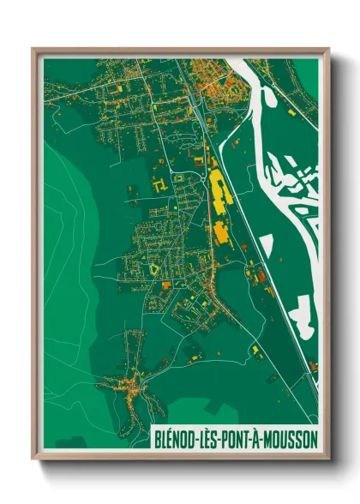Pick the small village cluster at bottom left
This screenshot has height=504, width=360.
(x=134, y=382)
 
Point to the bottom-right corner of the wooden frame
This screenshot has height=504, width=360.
(x=327, y=459)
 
